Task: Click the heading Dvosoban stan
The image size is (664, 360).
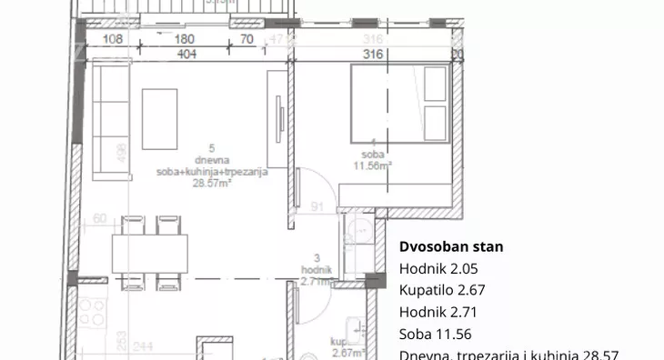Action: (x=451, y=246)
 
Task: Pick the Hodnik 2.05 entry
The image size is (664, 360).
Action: (x=438, y=268)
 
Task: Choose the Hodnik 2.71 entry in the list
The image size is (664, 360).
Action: (x=438, y=312)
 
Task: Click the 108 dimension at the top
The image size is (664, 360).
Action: (x=113, y=40)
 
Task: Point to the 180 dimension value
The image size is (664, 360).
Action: (x=185, y=40)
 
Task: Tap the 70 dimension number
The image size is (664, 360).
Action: (x=246, y=40)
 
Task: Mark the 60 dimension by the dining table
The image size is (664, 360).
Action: (x=99, y=217)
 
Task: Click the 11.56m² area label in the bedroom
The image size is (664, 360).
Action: (x=372, y=165)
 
